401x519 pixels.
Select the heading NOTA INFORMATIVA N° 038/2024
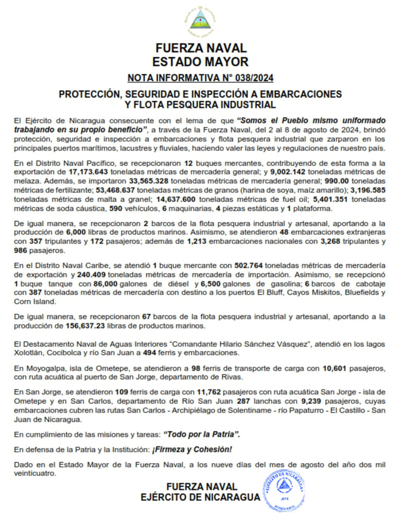point(200,78)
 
